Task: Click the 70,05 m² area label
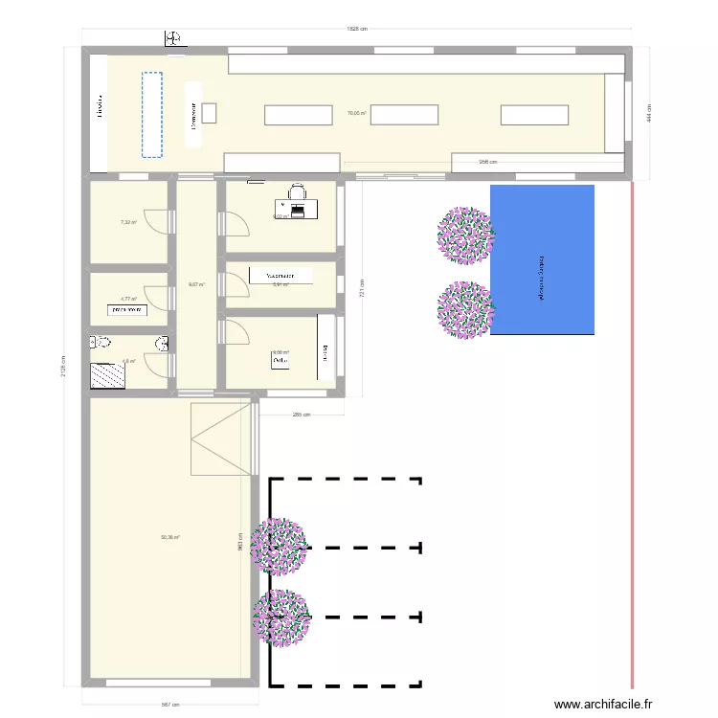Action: (357, 113)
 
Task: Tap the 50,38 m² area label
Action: (169, 537)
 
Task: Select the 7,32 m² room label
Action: (127, 222)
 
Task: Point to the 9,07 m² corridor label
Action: (196, 283)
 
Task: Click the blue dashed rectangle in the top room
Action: (152, 114)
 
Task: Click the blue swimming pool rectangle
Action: (542, 259)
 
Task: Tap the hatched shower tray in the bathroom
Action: (107, 375)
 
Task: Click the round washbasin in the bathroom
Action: (162, 344)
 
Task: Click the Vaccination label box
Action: (280, 276)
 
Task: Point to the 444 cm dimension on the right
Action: (647, 113)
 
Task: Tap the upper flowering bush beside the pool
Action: (466, 234)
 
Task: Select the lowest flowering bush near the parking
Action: (281, 617)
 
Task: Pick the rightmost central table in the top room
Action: (534, 115)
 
